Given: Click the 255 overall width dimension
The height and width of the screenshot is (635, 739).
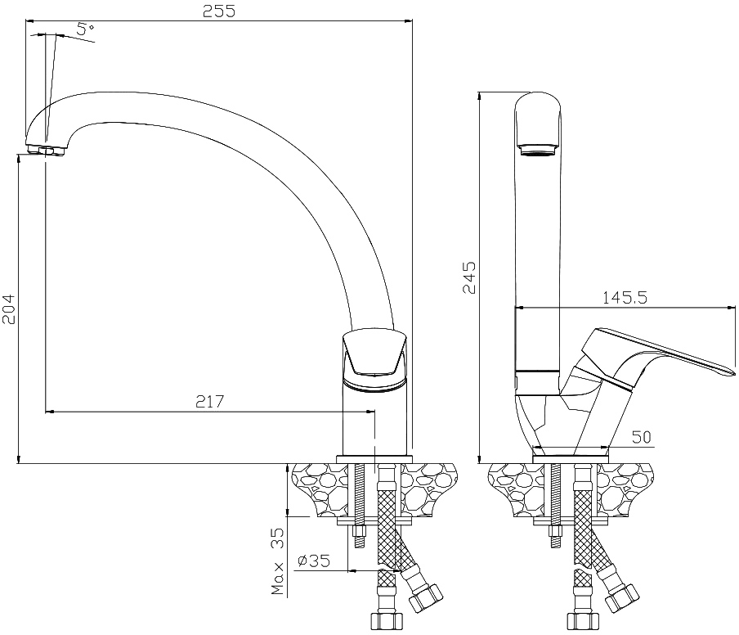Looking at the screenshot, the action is (x=219, y=11).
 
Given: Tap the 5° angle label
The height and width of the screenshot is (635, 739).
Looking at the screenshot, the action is (x=85, y=29).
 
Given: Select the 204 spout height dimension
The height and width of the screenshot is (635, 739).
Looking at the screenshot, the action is (x=8, y=309).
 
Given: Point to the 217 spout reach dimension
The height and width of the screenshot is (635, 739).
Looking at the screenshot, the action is (x=210, y=402).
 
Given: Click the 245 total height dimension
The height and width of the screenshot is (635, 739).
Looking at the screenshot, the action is (x=469, y=278).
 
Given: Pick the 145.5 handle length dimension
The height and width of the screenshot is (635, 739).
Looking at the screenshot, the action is (x=625, y=298).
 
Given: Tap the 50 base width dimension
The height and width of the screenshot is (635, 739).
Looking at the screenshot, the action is (x=642, y=437).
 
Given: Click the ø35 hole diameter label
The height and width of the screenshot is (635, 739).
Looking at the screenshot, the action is (x=314, y=561).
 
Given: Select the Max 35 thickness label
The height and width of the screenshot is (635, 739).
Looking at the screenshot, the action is (x=278, y=561).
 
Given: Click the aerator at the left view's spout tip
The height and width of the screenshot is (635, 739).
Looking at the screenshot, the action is (x=46, y=151).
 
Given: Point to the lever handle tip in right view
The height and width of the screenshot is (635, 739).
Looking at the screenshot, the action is (x=733, y=372).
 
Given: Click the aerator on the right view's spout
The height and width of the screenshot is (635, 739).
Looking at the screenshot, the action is (x=538, y=151).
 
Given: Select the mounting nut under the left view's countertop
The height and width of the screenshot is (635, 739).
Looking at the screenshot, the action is (x=360, y=532).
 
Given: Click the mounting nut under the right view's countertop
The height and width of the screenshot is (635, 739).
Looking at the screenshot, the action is (x=557, y=532).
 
